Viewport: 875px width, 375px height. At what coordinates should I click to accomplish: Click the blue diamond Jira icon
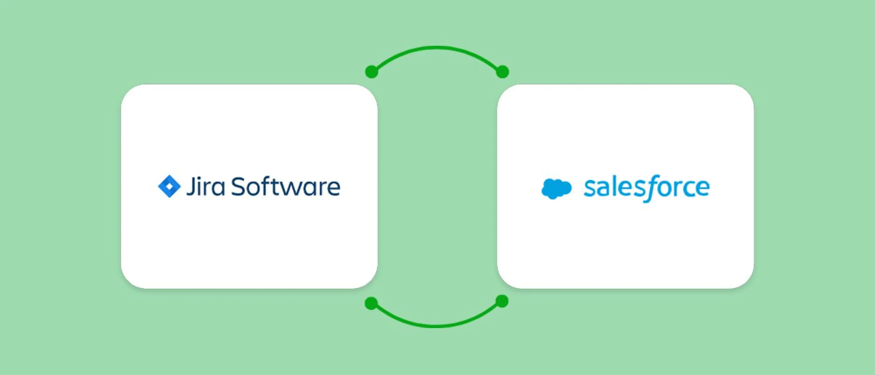tap(169, 187)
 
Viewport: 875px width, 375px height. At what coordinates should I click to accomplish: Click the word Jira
tap(206, 187)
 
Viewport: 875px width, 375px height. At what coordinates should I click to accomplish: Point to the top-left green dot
tap(372, 72)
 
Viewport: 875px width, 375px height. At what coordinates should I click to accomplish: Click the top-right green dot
tap(502, 72)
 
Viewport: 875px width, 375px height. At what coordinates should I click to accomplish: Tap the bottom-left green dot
tap(371, 303)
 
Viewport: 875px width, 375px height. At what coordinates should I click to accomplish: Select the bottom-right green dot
tap(502, 301)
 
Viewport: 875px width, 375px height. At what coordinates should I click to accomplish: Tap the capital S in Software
tap(239, 187)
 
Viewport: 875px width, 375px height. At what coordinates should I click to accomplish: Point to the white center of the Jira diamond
tap(169, 187)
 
